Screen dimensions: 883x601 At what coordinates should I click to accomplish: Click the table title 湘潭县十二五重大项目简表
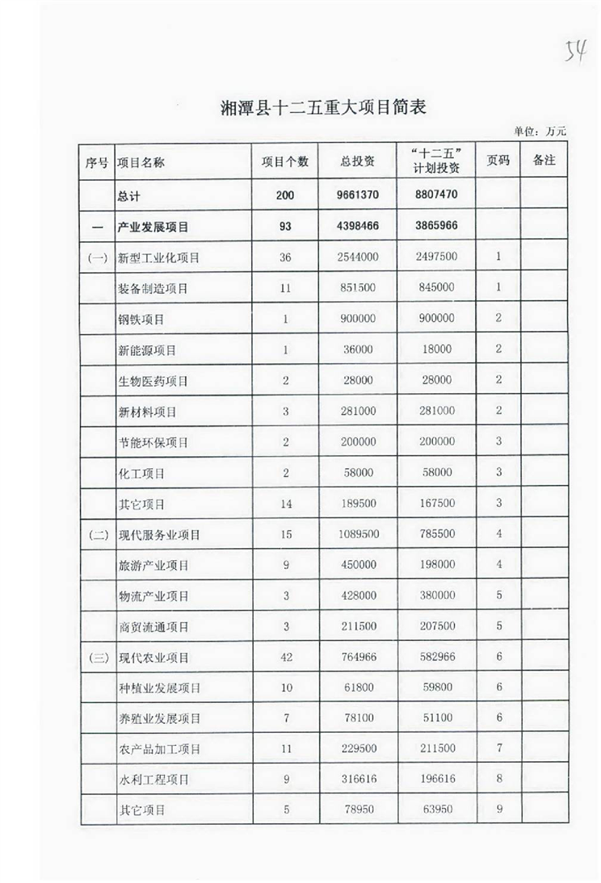tap(322, 107)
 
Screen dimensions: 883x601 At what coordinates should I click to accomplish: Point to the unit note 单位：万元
tap(540, 131)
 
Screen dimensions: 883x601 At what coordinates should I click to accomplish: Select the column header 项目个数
tap(284, 161)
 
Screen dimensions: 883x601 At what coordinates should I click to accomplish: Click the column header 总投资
tap(357, 161)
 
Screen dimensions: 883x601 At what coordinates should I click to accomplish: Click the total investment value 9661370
tap(357, 196)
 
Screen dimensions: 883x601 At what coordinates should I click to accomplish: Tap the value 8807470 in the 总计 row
tap(436, 196)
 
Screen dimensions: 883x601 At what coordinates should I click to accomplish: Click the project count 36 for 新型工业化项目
tap(284, 257)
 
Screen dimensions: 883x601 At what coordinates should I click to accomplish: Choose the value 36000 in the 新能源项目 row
tap(357, 349)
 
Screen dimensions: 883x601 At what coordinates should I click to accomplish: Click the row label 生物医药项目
tap(153, 381)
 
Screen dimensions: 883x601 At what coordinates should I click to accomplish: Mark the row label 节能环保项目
tap(153, 442)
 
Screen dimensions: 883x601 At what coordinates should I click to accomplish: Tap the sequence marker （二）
tap(97, 534)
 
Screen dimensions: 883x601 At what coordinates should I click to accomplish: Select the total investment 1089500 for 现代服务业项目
tap(357, 534)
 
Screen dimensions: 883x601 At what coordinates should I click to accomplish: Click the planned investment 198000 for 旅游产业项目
tap(436, 565)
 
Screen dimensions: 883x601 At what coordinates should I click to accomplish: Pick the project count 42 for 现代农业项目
tap(284, 657)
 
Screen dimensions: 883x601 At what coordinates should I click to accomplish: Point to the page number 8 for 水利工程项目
tap(498, 779)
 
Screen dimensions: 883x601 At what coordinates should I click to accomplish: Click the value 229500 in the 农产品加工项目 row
tap(357, 748)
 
